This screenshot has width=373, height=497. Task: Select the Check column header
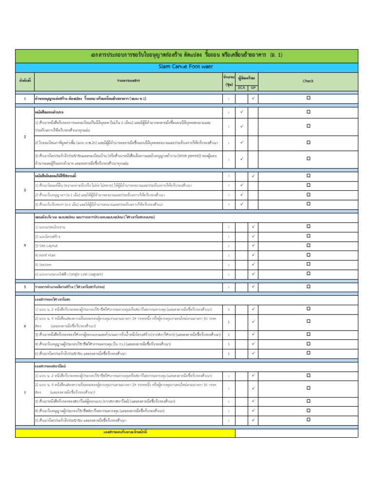[x=308, y=81]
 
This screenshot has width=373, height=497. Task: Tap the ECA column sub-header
[x=241, y=87]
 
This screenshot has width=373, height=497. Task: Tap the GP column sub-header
[x=253, y=87]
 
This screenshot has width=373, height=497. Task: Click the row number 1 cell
[x=25, y=99]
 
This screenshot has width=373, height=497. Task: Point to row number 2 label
[x=25, y=137]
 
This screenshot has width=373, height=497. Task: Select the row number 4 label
[x=25, y=245]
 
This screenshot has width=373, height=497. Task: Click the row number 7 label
[x=25, y=392]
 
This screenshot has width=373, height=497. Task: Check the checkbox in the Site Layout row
[x=308, y=245]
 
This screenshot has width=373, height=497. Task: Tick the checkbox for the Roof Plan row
[x=308, y=254]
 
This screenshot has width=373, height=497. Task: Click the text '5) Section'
[x=43, y=265]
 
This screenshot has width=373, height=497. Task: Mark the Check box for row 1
[x=308, y=98]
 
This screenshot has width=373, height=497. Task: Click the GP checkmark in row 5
[x=253, y=286]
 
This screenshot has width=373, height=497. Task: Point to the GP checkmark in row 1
[x=253, y=99]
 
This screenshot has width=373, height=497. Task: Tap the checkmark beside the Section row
[x=253, y=265]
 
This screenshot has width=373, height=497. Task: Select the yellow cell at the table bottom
[x=125, y=432]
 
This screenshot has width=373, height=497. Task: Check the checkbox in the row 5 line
[x=308, y=286]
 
